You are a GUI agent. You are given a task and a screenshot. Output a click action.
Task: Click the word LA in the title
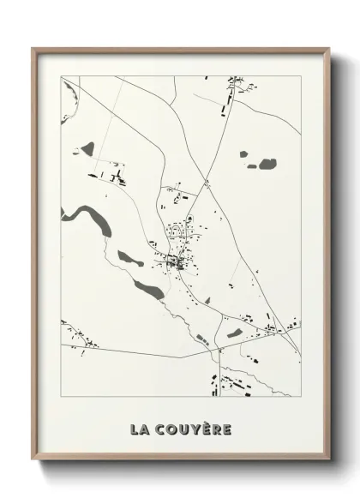click(x=141, y=429)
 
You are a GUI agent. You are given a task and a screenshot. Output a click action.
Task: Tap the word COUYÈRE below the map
click(x=195, y=429)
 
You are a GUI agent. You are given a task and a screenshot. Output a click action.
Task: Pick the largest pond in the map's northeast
click(x=267, y=162)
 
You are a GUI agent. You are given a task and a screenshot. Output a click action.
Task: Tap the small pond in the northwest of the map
click(x=87, y=148)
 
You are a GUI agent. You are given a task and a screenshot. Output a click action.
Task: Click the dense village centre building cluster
click(x=175, y=261)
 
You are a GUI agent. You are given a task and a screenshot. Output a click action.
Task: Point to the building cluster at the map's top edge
click(x=233, y=83)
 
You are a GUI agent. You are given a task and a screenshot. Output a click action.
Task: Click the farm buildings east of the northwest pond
click(x=117, y=177)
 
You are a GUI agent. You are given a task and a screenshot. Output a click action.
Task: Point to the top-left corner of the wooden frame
click(x=33, y=50)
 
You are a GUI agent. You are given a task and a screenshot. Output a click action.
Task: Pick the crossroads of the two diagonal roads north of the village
click(x=207, y=182)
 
